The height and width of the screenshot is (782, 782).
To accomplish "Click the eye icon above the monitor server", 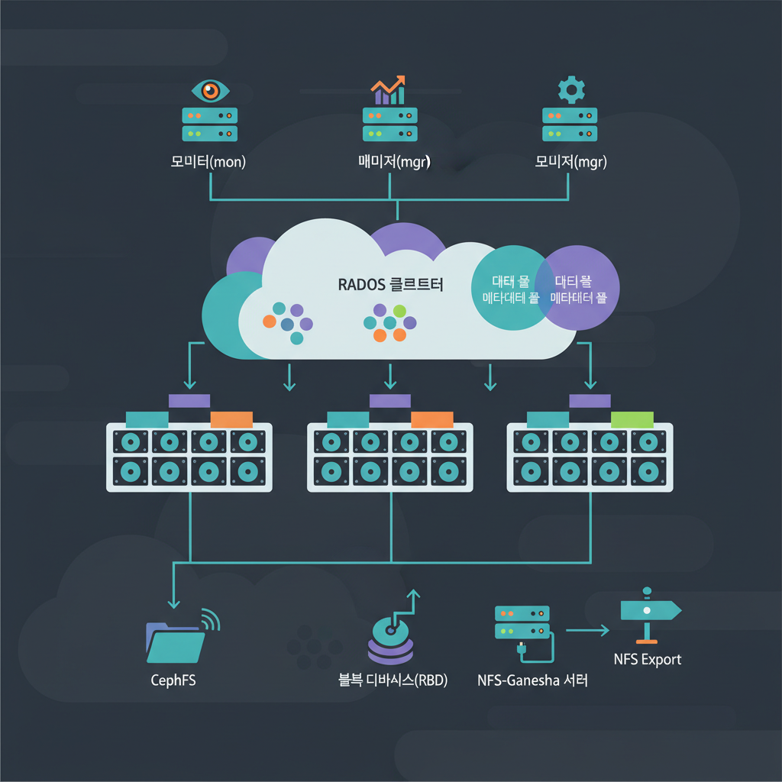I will [x=210, y=90].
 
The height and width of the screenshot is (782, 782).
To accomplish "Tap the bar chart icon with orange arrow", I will [x=389, y=89].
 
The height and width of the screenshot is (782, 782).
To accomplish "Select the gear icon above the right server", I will [x=570, y=90].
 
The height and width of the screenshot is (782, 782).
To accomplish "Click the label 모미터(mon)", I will [x=209, y=162].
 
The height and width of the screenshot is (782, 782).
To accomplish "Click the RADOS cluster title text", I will [x=390, y=284].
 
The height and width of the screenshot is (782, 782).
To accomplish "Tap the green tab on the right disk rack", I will [x=632, y=418].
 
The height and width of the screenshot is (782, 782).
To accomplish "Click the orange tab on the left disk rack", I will [x=231, y=418].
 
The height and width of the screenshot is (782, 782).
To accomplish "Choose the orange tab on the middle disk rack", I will [x=432, y=418].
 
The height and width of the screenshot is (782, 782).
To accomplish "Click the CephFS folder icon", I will [x=176, y=641].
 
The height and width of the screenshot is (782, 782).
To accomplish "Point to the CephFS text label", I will [x=173, y=680].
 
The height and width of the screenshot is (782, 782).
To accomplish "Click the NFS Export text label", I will [x=648, y=659].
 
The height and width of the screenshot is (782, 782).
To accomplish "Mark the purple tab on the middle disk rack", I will [x=389, y=400].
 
